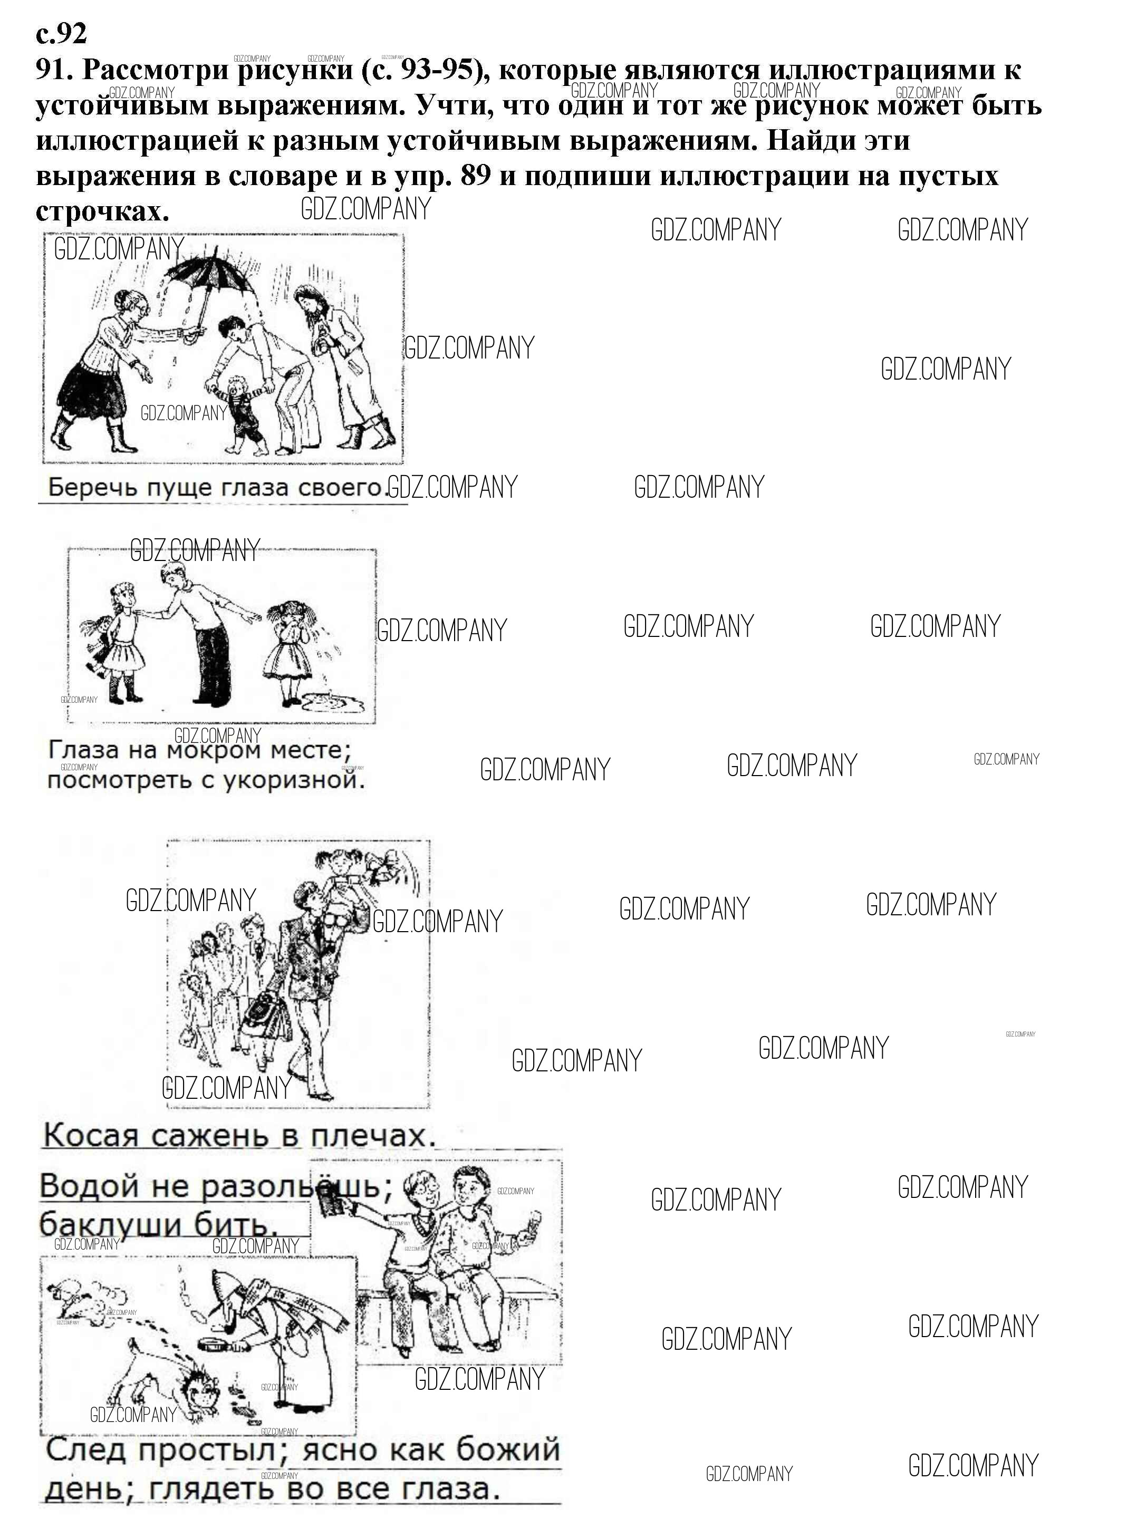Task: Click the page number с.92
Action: tap(61, 32)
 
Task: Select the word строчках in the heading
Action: tap(102, 211)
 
